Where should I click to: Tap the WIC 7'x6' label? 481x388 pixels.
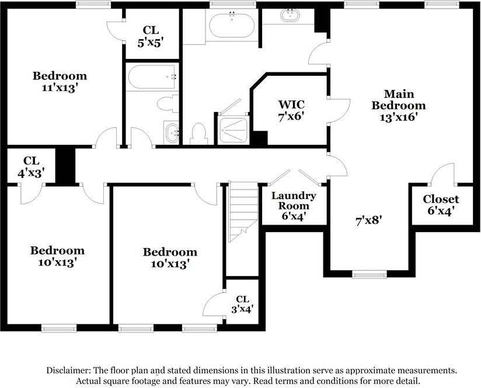[x=291, y=110]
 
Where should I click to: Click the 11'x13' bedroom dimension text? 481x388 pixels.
[x=60, y=87]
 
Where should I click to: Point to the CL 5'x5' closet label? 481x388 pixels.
[x=152, y=36]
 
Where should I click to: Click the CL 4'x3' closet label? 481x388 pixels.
[x=30, y=166]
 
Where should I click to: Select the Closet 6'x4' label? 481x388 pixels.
[x=441, y=204]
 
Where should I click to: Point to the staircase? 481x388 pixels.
[x=243, y=211]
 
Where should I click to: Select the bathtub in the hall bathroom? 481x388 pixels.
[x=151, y=77]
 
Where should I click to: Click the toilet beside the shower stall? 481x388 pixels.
[x=198, y=134]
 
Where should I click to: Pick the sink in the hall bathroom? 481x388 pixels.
[x=173, y=132]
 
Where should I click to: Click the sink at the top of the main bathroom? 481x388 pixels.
[x=290, y=15]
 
